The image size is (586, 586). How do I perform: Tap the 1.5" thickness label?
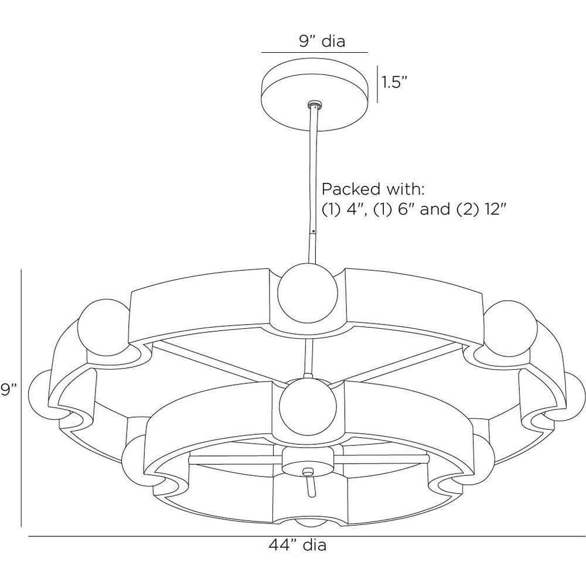pyautogui.click(x=394, y=82)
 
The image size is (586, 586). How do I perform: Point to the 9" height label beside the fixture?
pyautogui.click(x=8, y=390)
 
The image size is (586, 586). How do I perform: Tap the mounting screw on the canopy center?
pyautogui.click(x=315, y=105)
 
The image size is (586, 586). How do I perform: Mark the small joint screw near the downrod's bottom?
pyautogui.click(x=312, y=230)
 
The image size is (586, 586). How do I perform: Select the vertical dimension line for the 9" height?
pyautogui.click(x=22, y=398)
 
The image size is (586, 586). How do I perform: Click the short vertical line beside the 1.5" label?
pyautogui.click(x=377, y=83)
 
